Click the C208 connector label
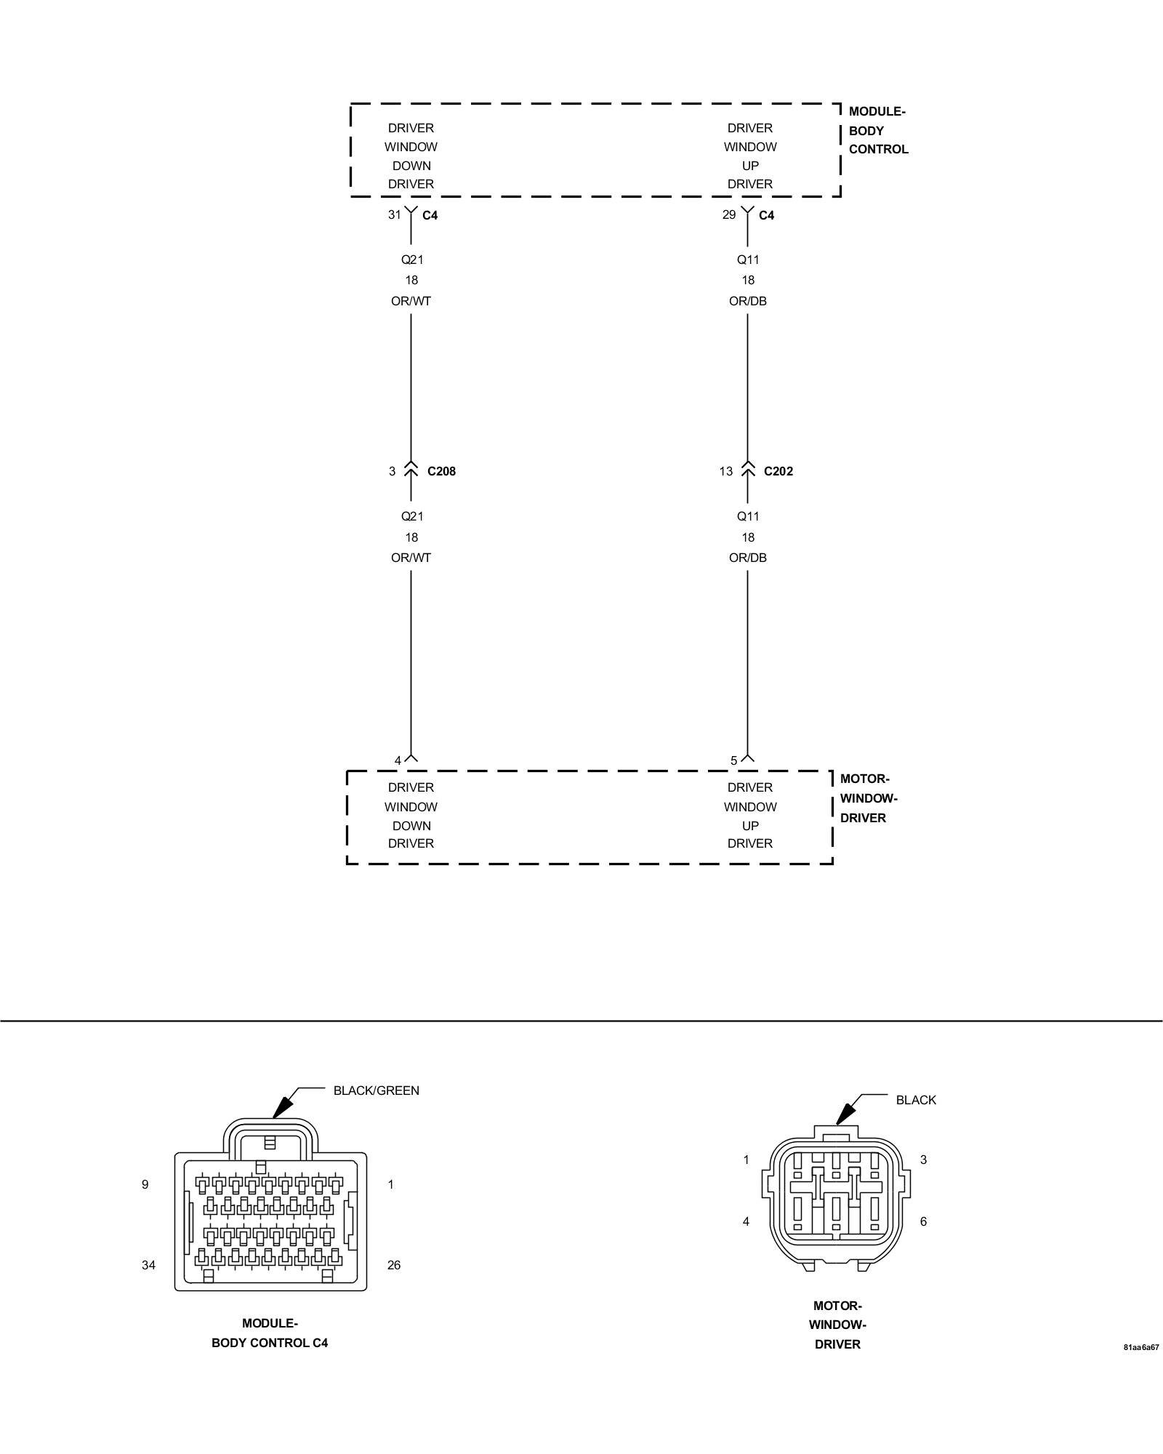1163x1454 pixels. [x=441, y=471]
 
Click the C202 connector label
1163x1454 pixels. [x=778, y=471]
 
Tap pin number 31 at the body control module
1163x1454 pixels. [x=394, y=214]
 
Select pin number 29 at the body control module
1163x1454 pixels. [x=729, y=214]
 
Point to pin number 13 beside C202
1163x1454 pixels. [x=726, y=471]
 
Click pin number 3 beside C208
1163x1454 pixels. [x=392, y=471]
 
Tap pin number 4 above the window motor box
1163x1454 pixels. [x=398, y=760]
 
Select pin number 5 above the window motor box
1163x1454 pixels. [x=734, y=760]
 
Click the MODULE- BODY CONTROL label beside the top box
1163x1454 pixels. [x=878, y=131]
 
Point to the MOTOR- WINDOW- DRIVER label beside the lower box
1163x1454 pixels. [x=868, y=798]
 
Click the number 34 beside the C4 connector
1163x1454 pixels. [x=148, y=1265]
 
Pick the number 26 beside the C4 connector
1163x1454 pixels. [x=394, y=1265]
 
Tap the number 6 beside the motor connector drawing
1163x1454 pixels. [x=923, y=1221]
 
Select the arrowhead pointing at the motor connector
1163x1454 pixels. [x=845, y=1134]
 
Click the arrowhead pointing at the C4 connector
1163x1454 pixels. [x=281, y=1125]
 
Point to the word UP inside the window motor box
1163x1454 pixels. [x=750, y=826]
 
